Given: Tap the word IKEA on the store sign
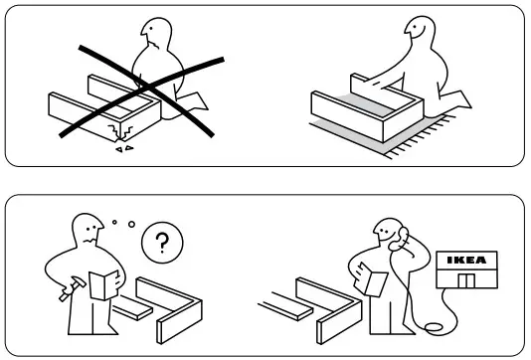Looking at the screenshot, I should tap(465, 260).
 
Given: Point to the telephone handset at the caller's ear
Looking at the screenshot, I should tap(402, 239).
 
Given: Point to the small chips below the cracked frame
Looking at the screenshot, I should tap(124, 149).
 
